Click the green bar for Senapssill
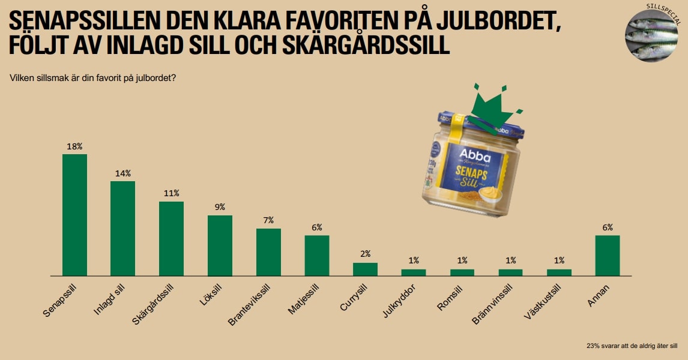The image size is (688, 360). pos(74,215)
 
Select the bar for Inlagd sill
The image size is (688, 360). pos(122,228)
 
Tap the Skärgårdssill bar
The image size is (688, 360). pos(171,238)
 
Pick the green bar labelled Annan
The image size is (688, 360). pos(607,255)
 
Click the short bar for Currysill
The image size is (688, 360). pos(365,269)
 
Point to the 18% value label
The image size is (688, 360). pos(74,146)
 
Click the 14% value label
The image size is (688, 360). pos(123,173)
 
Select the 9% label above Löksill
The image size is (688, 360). pos(220,207)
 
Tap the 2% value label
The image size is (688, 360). pos(365,254)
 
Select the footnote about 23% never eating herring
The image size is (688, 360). pos(632,346)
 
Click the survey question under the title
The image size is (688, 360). pos(93,77)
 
